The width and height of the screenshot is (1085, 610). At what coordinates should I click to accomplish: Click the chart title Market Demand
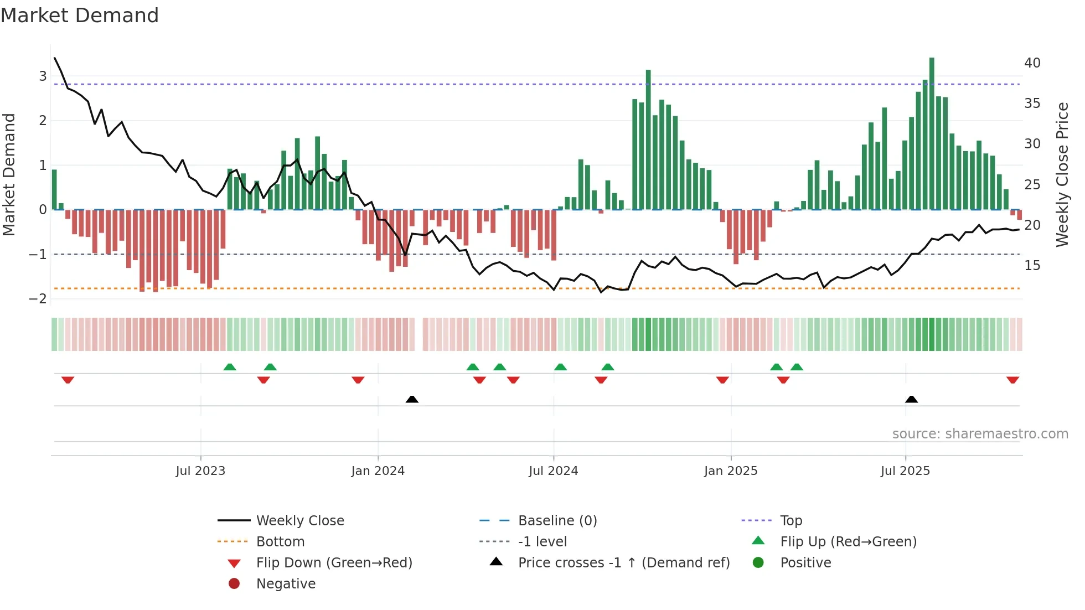[x=80, y=15]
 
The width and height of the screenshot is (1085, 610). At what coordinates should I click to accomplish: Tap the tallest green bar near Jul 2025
[x=932, y=133]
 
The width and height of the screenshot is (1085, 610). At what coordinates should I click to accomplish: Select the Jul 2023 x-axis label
[x=200, y=471]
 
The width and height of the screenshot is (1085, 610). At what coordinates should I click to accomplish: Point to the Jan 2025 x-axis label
[x=731, y=471]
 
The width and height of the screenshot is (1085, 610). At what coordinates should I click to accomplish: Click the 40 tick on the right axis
[x=1032, y=63]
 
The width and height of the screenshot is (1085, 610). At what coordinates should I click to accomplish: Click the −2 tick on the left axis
[x=38, y=299]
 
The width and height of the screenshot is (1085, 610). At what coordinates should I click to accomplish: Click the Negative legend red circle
[x=234, y=584]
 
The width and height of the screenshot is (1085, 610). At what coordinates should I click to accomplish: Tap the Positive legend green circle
[x=758, y=563]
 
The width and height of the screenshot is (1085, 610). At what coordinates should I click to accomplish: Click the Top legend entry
[x=791, y=521]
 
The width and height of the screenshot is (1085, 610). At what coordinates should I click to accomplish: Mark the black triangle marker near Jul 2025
[x=911, y=399]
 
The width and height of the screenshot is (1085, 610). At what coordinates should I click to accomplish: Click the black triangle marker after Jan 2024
[x=412, y=399]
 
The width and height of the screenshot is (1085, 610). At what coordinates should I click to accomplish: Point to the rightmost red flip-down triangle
[x=1012, y=380]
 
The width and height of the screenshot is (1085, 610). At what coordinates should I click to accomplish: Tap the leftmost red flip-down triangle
[x=68, y=380]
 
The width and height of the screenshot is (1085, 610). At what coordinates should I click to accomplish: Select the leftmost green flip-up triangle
[x=230, y=367]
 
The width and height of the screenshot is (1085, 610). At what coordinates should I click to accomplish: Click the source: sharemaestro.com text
[x=980, y=434]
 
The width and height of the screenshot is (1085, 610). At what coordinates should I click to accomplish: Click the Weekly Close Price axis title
[x=1062, y=174]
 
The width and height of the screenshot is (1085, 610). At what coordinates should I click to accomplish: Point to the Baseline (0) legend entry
[x=557, y=521]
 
